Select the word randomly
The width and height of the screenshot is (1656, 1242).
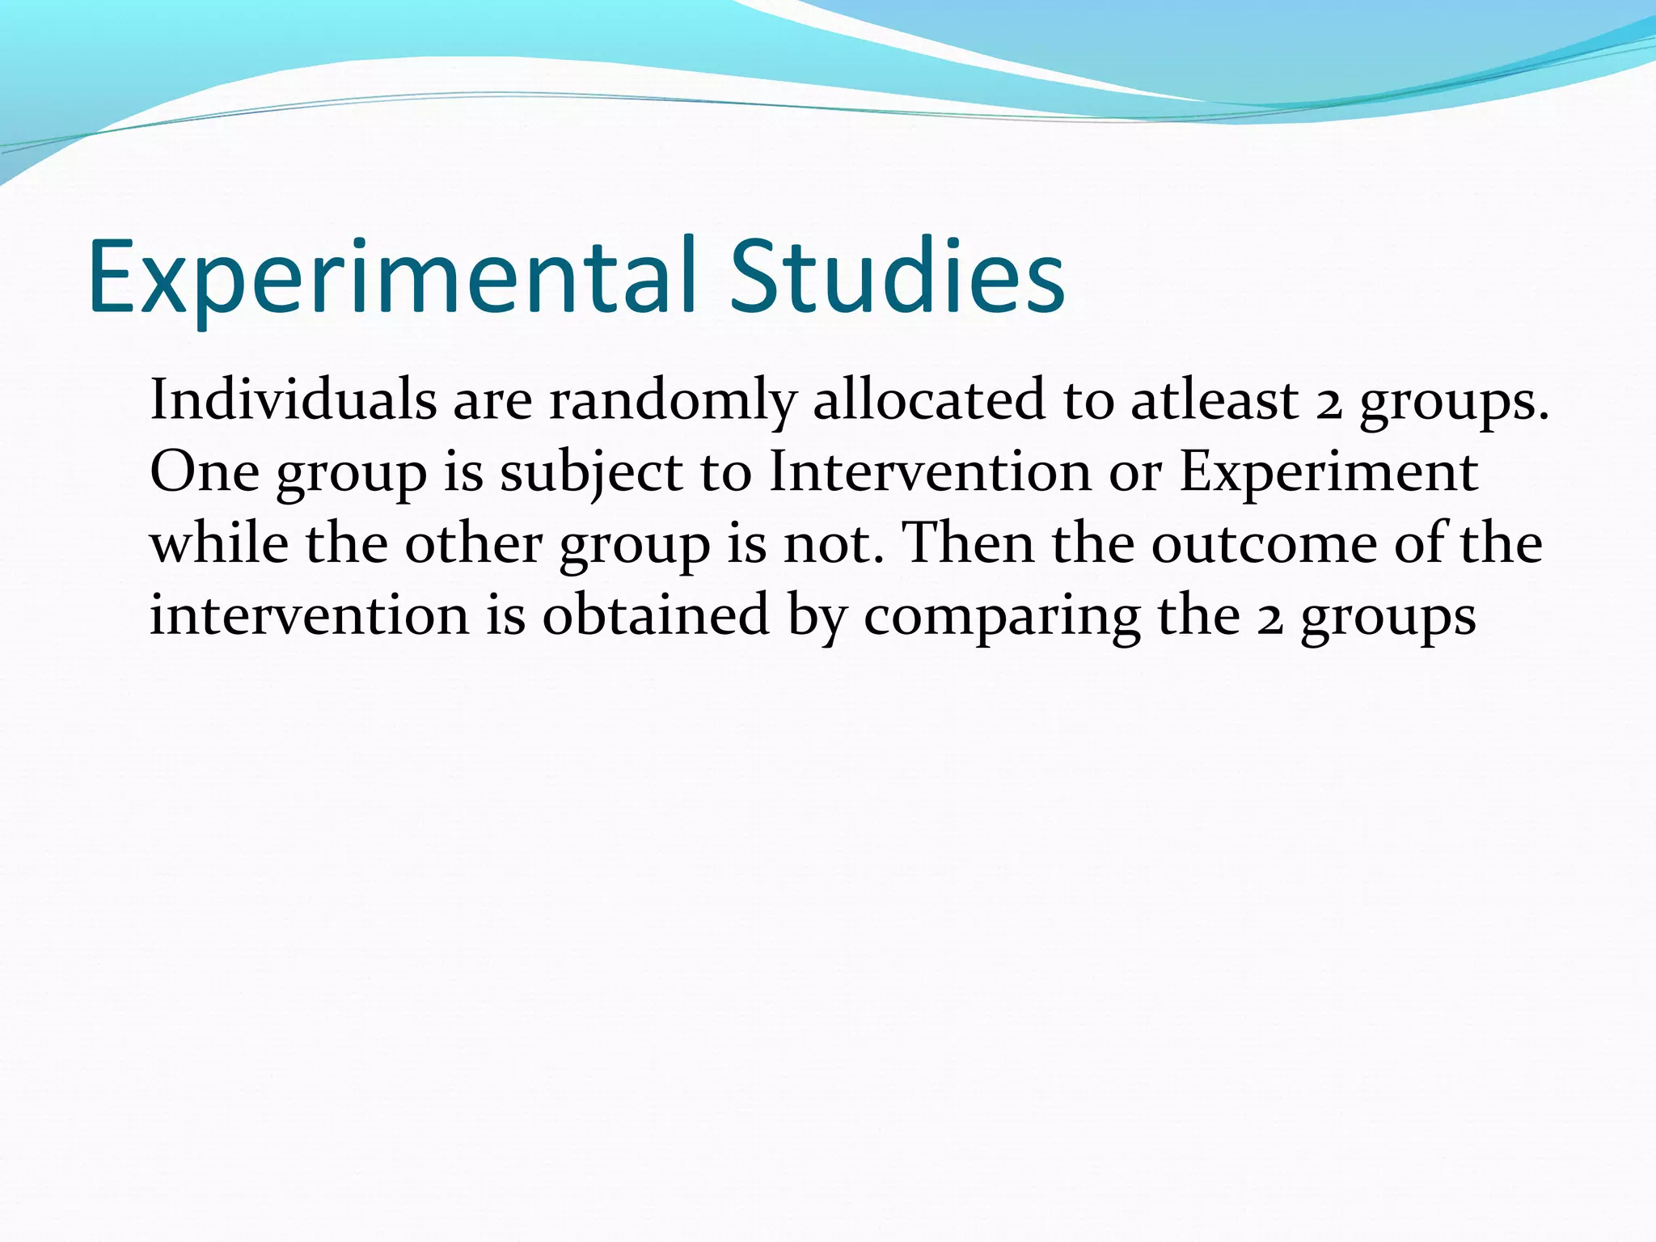(x=673, y=402)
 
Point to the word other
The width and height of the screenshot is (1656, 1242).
(x=473, y=543)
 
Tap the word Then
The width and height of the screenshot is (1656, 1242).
(x=967, y=543)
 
